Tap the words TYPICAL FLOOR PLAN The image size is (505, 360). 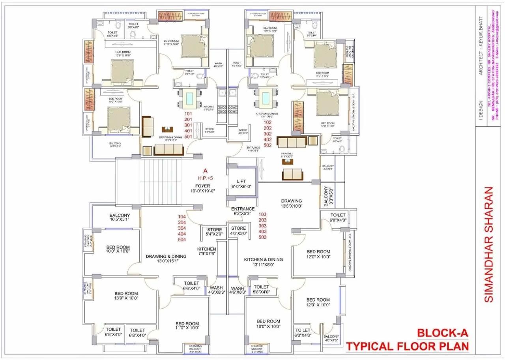pyautogui.click(x=408, y=347)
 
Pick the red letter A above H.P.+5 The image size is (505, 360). pyautogui.click(x=205, y=171)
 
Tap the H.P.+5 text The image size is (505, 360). pyautogui.click(x=205, y=178)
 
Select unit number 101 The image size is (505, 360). pyautogui.click(x=188, y=114)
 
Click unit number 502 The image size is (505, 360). pyautogui.click(x=267, y=145)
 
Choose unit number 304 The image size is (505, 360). pyautogui.click(x=182, y=228)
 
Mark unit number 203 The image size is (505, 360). pyautogui.click(x=262, y=220)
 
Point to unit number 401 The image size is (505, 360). pyautogui.click(x=188, y=131)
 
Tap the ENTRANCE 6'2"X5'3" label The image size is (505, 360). pyautogui.click(x=243, y=211)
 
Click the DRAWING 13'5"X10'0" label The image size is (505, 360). pyautogui.click(x=291, y=203)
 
